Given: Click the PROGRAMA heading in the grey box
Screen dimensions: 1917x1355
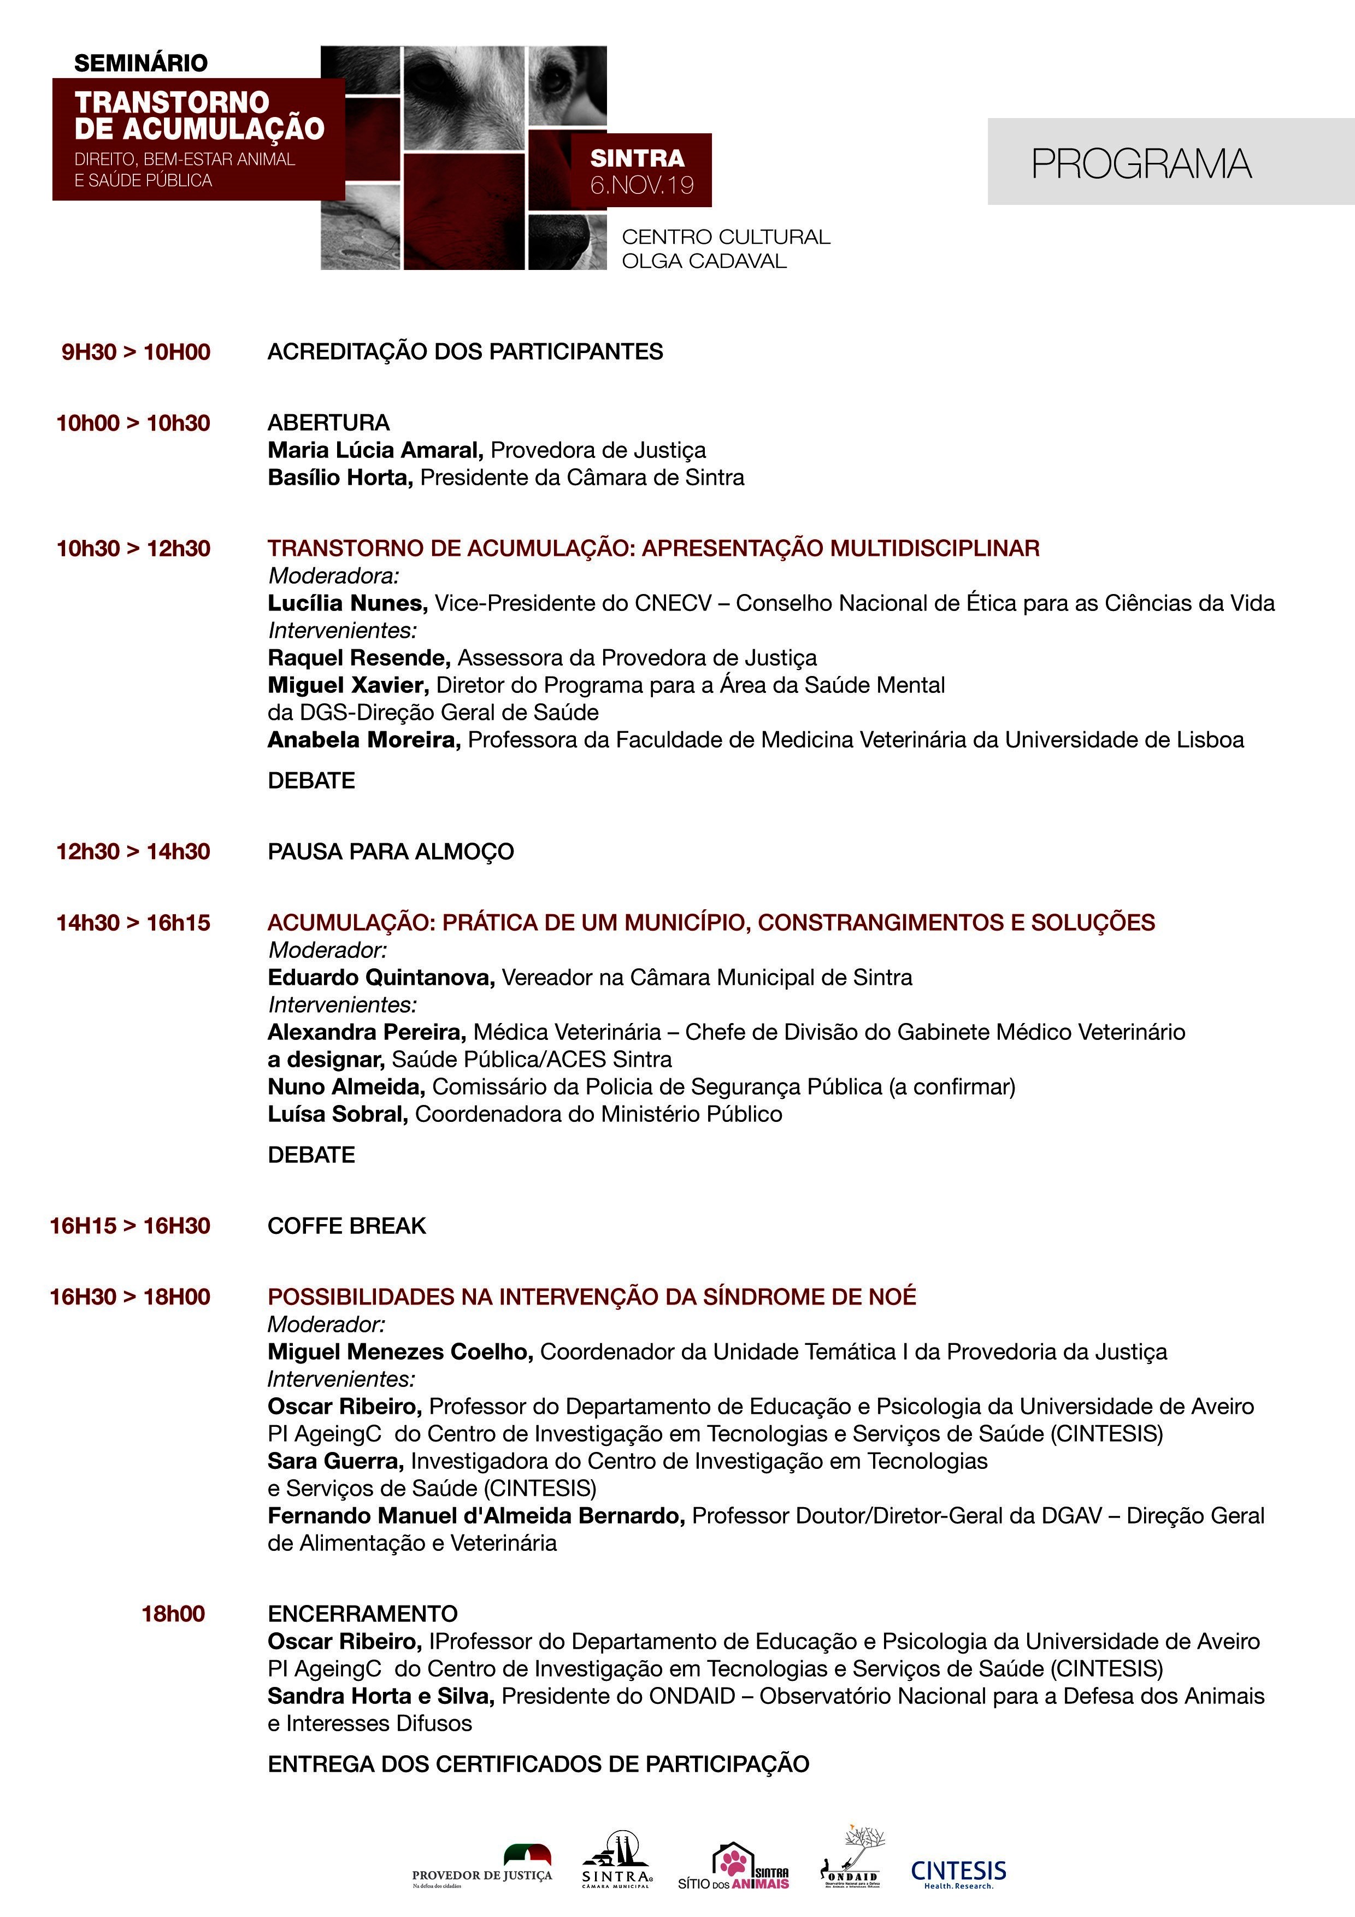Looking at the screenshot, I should coord(1141,163).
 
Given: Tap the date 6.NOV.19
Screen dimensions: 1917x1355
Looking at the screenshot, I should coord(641,185).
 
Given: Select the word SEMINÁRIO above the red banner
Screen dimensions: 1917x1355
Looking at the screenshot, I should coord(141,63).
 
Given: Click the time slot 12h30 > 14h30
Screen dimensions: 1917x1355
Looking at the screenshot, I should coord(133,851).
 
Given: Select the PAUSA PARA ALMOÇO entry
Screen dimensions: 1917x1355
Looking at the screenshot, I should coord(391,851).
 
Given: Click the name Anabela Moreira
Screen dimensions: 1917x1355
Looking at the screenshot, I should coord(364,740).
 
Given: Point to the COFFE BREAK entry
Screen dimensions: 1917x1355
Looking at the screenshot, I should coord(346,1226).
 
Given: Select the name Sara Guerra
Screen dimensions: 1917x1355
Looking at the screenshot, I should coord(335,1461).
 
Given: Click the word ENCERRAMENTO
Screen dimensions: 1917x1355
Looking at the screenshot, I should coord(362,1614).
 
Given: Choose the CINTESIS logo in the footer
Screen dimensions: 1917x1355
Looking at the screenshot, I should coord(958,1873).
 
